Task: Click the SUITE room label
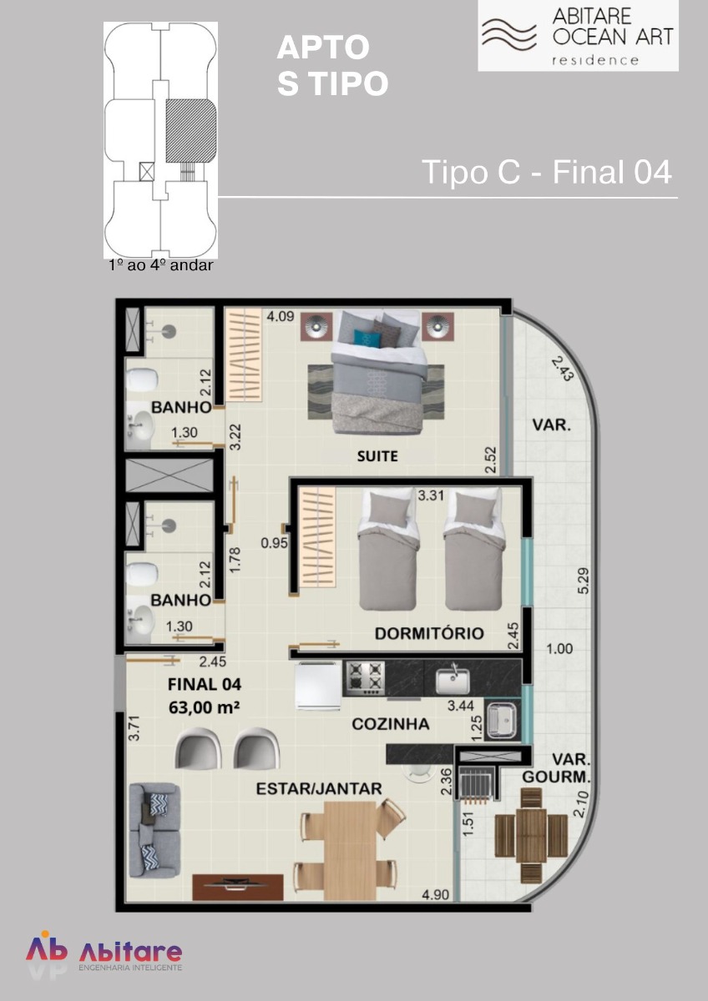(377, 456)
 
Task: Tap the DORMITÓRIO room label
(429, 633)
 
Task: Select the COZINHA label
(391, 724)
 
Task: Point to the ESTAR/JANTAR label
(319, 789)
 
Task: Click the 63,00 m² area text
(204, 707)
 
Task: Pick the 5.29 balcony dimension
(584, 581)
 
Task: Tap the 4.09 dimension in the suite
(281, 316)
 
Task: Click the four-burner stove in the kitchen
(364, 678)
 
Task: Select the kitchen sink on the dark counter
(453, 680)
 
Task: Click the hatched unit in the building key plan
(191, 130)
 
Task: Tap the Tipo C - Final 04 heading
(547, 172)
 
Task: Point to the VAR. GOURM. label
(556, 768)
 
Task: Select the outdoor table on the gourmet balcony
(531, 822)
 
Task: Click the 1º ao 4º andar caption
(161, 265)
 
